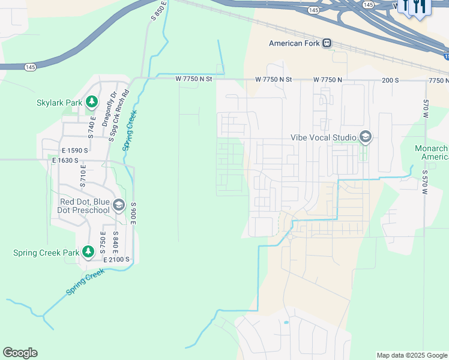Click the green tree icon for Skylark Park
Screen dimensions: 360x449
click(x=92, y=103)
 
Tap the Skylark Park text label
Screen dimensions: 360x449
click(x=59, y=103)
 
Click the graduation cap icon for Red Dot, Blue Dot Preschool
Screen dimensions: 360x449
click(x=118, y=206)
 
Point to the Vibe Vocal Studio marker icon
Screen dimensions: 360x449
click(x=364, y=137)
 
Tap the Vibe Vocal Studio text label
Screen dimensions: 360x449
click(x=324, y=137)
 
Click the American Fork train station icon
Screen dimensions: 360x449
click(x=327, y=43)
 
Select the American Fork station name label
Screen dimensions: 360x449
click(x=294, y=43)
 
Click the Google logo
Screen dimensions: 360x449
click(x=20, y=353)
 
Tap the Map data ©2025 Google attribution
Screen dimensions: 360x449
click(x=411, y=355)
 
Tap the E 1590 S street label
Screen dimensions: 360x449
click(x=70, y=150)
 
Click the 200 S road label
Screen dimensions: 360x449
click(x=390, y=80)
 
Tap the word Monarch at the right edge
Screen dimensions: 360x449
click(x=432, y=148)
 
